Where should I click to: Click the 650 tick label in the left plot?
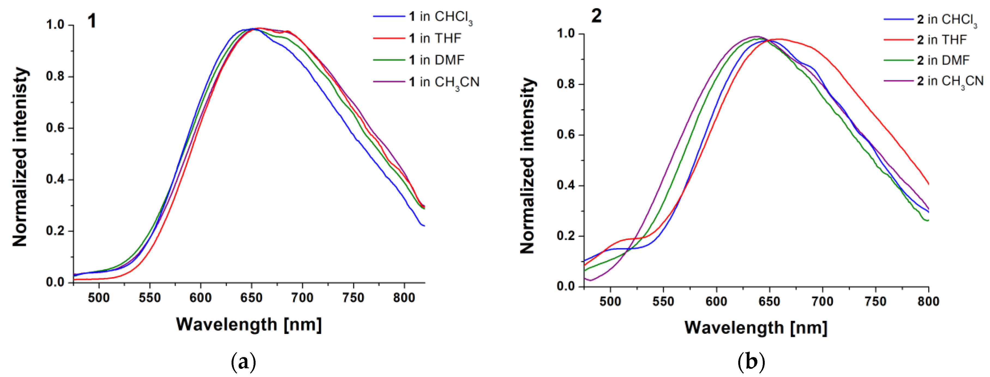[x=251, y=298]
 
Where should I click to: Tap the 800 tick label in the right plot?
[x=928, y=302]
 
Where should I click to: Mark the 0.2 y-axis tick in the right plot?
[x=565, y=236]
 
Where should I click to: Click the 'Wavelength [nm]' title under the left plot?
[x=249, y=325]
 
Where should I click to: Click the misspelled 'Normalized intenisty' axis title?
[x=20, y=157]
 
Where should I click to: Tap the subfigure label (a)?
[x=243, y=362]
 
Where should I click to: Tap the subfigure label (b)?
[x=751, y=362]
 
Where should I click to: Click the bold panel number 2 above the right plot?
[x=596, y=16]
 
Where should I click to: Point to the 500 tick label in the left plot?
[x=99, y=298]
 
